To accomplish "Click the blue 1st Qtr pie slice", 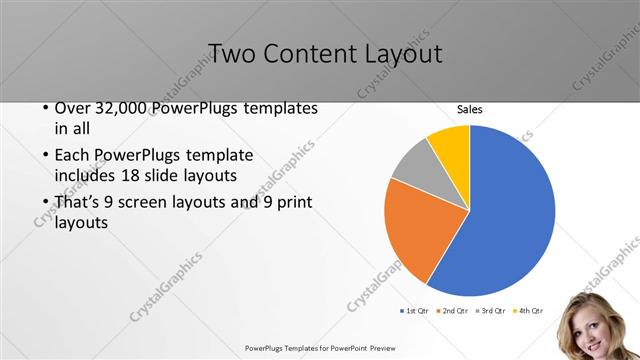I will click(x=510, y=210).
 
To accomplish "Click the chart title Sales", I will click(x=470, y=108).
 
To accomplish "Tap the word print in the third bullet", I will click(x=293, y=203).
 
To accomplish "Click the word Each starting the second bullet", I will click(x=75, y=156).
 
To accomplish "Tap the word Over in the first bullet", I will click(x=76, y=108).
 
